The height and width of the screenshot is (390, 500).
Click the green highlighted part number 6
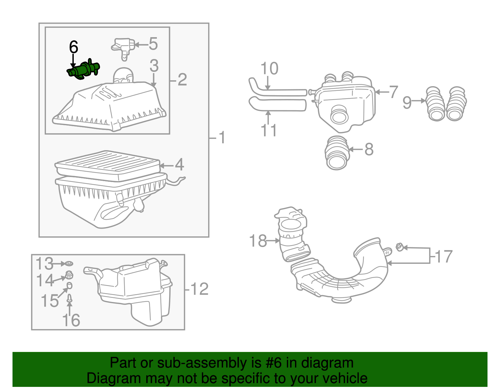[84, 69]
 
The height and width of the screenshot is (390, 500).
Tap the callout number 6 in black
[73, 47]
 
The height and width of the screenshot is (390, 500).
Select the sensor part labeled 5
[123, 47]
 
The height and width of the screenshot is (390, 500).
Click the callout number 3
[154, 66]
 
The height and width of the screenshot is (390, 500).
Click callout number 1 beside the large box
[222, 137]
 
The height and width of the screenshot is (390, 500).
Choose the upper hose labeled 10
[278, 91]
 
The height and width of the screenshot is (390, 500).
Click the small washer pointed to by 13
[70, 264]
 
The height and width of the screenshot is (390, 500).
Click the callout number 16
[71, 320]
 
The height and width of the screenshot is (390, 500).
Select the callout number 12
[199, 289]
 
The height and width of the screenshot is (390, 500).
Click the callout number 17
[444, 257]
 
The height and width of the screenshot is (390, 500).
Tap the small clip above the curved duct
[399, 247]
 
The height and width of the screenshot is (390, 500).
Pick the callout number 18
[258, 241]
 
